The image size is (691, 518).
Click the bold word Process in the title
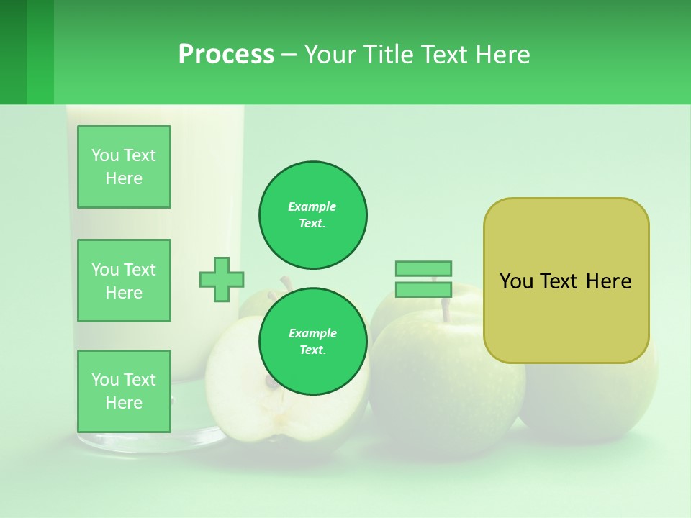226,55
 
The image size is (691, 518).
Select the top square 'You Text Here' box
124,167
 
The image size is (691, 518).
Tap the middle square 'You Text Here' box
124,281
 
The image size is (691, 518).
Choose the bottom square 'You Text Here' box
124,391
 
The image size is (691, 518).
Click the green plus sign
222,279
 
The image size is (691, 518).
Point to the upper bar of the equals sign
423,268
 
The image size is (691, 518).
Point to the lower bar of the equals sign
423,290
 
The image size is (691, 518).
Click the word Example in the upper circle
312,206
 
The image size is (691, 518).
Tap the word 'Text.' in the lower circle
312,350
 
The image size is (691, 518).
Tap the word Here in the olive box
608,281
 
